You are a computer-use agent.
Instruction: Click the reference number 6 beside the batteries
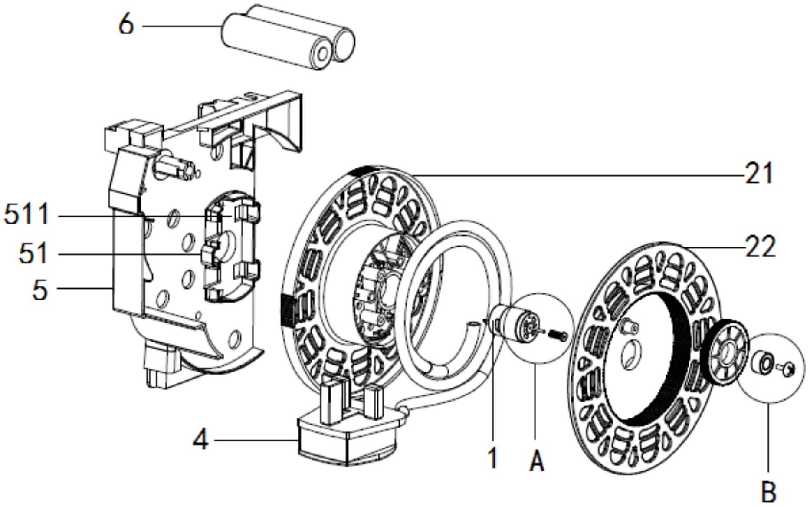[126, 25]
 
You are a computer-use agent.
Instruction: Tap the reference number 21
[759, 174]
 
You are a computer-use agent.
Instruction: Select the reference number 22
[761, 247]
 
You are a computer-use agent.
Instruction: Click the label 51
[33, 253]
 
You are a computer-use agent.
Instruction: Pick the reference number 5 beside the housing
[40, 290]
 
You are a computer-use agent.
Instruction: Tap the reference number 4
[200, 440]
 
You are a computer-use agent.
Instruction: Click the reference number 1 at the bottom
[492, 458]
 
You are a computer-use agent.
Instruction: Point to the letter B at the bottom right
[768, 492]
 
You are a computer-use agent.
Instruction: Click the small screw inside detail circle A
[557, 335]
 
